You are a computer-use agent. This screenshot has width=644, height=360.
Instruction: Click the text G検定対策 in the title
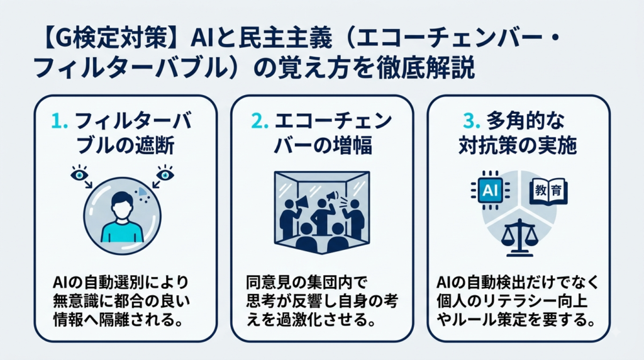(x=109, y=40)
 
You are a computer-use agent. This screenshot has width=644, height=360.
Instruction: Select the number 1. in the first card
(x=60, y=121)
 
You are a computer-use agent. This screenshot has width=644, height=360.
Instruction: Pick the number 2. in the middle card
(x=260, y=121)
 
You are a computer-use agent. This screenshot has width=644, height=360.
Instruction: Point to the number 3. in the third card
(x=472, y=121)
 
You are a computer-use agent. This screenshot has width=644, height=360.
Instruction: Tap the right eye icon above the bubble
(x=165, y=174)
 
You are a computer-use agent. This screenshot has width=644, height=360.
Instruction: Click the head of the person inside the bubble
(x=123, y=205)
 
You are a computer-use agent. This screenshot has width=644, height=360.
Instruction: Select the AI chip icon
(x=491, y=190)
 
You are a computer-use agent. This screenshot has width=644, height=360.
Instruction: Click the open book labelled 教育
(x=548, y=191)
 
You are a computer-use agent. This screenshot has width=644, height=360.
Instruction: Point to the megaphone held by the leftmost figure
(x=301, y=201)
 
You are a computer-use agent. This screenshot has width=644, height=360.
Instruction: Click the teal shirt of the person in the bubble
(x=122, y=233)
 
